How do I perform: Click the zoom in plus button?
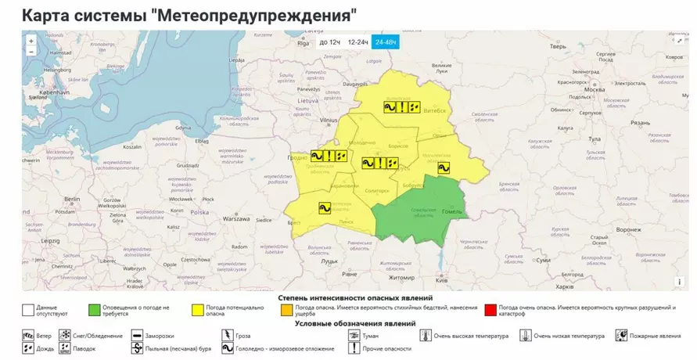31,41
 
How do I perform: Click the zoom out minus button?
31,52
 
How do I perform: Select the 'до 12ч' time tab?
329,42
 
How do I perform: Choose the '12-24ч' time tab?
358,42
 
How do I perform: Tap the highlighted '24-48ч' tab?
386,42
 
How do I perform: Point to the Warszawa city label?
235,218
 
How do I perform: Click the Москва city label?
595,89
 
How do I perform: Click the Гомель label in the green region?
452,211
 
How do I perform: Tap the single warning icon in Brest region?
324,208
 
